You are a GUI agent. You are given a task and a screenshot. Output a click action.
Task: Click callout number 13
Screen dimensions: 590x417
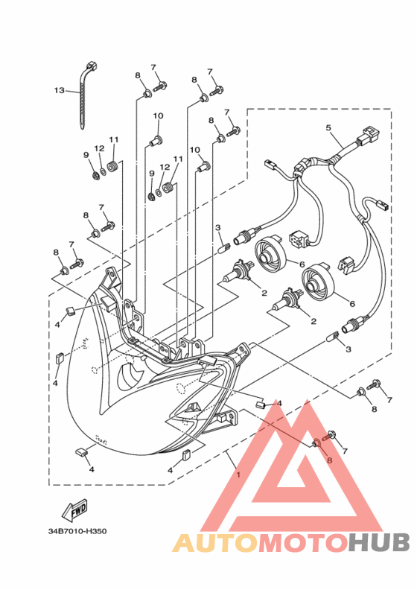click(x=59, y=91)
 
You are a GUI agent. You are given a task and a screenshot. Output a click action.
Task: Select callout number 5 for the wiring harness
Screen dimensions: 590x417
click(x=328, y=128)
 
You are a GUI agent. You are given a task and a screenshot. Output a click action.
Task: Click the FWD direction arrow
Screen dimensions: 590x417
click(x=76, y=511)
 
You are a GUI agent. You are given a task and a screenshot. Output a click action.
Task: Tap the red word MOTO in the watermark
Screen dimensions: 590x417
click(x=302, y=543)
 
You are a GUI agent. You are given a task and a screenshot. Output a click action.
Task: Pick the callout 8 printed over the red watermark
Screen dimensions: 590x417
click(x=328, y=460)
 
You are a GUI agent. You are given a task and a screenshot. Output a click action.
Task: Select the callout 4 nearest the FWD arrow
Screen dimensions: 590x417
click(x=92, y=470)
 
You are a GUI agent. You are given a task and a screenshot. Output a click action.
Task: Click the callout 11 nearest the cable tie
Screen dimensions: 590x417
click(x=114, y=139)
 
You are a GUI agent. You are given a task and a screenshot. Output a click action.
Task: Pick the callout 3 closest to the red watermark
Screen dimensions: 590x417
click(x=348, y=349)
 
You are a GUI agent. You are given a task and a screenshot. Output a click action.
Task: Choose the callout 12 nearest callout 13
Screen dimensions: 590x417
click(x=99, y=148)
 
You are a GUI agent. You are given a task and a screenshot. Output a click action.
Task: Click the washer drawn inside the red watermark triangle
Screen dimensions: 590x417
click(x=316, y=444)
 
